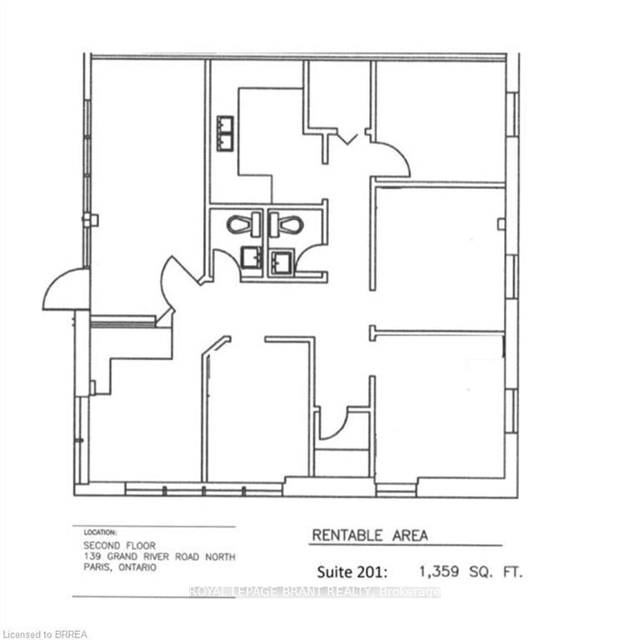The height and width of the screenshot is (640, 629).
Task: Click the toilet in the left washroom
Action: point(240,225)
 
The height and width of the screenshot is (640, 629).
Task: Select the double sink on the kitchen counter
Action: point(225,133)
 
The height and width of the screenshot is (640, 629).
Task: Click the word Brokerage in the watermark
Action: point(411,592)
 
